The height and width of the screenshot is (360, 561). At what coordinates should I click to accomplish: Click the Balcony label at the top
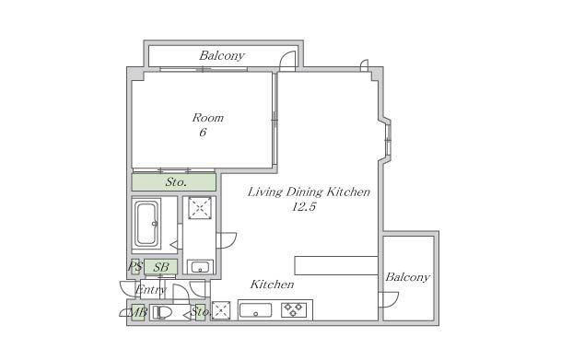tap(222, 55)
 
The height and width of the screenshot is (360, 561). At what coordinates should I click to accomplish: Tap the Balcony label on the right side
tap(407, 277)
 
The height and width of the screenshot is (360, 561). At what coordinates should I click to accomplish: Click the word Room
tap(208, 118)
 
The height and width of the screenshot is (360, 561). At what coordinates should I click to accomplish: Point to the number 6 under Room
tap(203, 133)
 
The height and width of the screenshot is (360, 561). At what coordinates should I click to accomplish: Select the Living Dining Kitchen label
tap(309, 192)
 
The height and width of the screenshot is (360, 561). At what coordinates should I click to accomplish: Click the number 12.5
tap(304, 206)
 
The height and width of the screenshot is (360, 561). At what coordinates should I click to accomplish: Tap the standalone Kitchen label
tap(272, 285)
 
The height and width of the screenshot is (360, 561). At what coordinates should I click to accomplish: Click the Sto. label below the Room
tap(176, 182)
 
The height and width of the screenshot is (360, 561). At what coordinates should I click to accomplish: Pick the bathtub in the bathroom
tap(146, 224)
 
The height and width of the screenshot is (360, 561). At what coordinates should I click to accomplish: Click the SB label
tap(161, 267)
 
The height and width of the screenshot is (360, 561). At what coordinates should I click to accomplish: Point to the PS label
tap(135, 266)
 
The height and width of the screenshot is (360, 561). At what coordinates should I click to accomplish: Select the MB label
tap(137, 312)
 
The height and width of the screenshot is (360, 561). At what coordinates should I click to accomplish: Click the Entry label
tap(151, 290)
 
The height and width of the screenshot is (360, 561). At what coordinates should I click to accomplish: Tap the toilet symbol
tap(160, 312)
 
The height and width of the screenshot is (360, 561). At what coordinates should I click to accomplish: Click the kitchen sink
tap(255, 310)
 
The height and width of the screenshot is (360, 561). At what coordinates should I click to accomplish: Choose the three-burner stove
tap(294, 310)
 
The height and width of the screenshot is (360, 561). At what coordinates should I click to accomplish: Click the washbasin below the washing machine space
tap(201, 267)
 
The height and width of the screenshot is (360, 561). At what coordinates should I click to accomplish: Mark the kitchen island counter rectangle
tap(336, 265)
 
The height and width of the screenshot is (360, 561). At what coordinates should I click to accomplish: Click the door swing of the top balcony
tap(287, 60)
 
